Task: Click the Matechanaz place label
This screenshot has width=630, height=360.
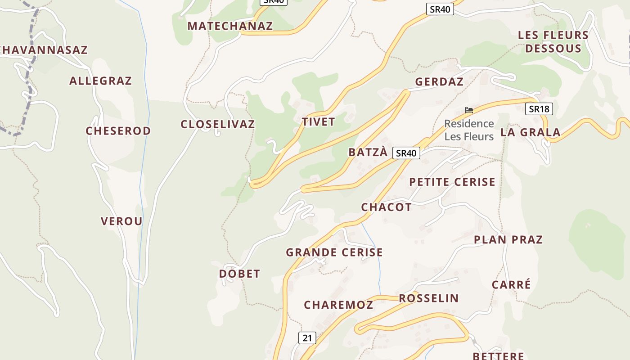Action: click(x=230, y=26)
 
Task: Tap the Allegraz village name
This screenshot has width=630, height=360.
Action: click(x=100, y=81)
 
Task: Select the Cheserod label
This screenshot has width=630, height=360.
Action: click(x=118, y=131)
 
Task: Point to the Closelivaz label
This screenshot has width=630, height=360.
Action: click(x=218, y=124)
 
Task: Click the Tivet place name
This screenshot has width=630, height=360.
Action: click(x=319, y=122)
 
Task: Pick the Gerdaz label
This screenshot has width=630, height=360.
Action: click(x=439, y=82)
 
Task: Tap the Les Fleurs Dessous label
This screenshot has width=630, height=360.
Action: click(x=553, y=42)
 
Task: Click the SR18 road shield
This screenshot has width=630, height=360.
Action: click(x=539, y=109)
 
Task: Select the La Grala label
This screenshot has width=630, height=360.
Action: click(x=531, y=132)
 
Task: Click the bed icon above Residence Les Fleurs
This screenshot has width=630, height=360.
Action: click(x=469, y=110)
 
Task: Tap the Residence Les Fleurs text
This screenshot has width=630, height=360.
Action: click(x=469, y=130)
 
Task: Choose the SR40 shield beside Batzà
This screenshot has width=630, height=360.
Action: click(x=406, y=153)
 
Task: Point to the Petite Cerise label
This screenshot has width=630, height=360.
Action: click(x=452, y=182)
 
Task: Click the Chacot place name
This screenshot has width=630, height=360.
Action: click(x=386, y=207)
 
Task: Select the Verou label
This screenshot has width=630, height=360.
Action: click(x=121, y=221)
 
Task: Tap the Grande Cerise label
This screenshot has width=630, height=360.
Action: click(x=334, y=252)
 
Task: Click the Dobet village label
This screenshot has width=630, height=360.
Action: click(x=239, y=274)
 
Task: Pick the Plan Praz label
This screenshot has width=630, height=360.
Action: click(x=508, y=240)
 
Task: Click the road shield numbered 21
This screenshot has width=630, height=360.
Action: click(x=307, y=338)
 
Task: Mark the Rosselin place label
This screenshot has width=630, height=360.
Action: click(x=429, y=298)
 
